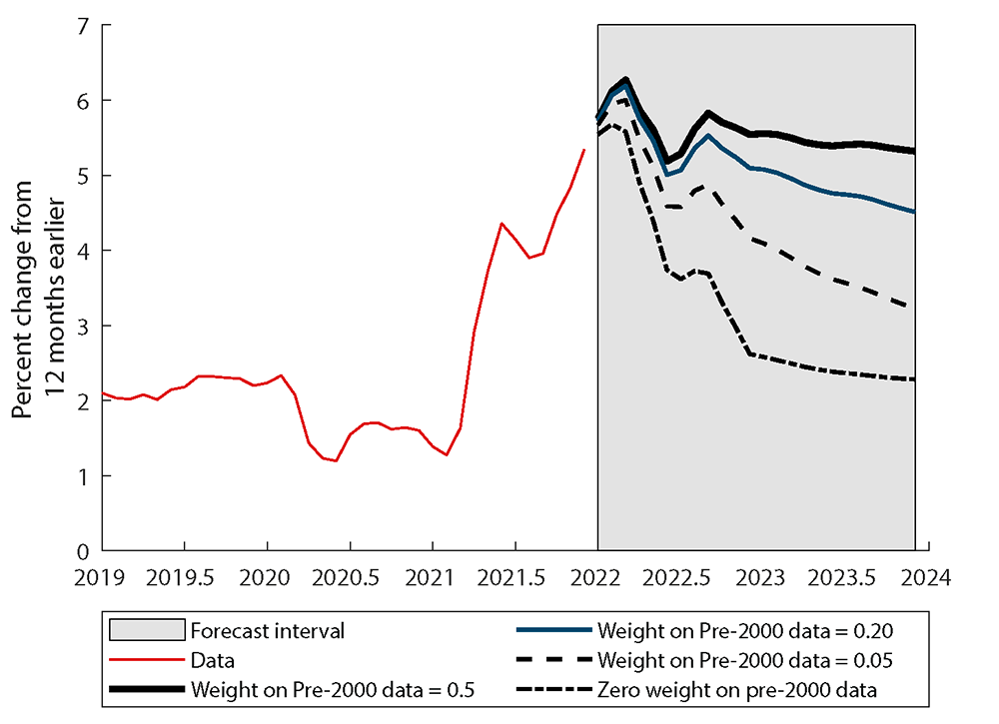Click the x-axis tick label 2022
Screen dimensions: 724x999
click(x=597, y=576)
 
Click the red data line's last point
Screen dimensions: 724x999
click(x=584, y=150)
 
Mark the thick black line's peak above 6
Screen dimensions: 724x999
click(x=625, y=80)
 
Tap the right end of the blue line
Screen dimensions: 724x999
click(x=915, y=212)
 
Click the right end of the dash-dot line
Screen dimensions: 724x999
click(x=915, y=379)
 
